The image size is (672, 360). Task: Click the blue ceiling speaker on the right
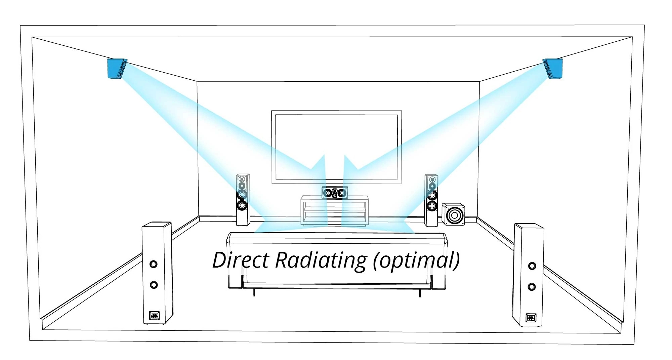(553, 69)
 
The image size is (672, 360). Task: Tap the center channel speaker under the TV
(335, 193)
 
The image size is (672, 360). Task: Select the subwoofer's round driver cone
(455, 215)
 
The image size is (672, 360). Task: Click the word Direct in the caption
(241, 260)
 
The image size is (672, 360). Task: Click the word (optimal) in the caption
(416, 261)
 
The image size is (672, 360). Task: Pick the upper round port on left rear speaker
(154, 264)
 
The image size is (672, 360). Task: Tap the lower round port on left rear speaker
(154, 285)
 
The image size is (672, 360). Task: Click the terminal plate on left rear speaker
(154, 316)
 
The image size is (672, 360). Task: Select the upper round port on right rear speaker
(532, 266)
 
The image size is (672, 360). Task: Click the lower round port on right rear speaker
(532, 287)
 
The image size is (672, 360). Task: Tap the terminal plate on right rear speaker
(531, 317)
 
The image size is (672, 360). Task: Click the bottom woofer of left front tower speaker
(242, 205)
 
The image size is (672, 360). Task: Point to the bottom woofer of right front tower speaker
(432, 206)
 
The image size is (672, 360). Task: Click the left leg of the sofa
(254, 292)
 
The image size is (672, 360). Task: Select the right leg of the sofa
(420, 293)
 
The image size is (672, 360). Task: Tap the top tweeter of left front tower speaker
(241, 179)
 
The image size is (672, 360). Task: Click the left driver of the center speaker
(328, 193)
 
